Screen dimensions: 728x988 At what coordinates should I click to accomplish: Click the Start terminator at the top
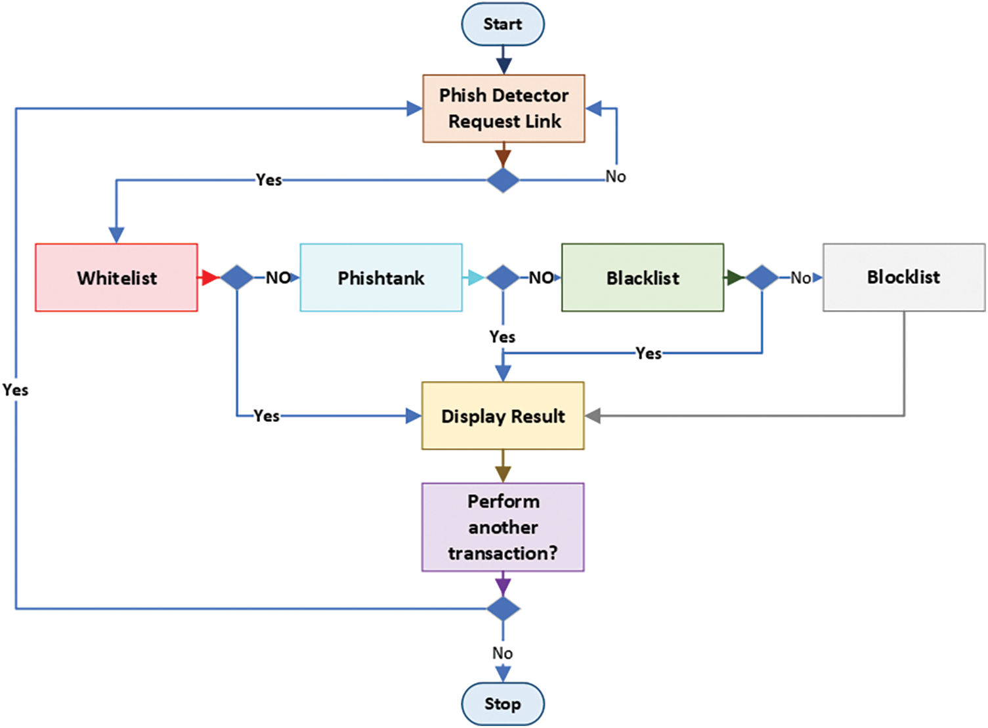503,24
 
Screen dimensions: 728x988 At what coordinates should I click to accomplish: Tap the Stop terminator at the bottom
503,704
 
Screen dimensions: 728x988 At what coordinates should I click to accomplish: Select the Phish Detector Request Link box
504,108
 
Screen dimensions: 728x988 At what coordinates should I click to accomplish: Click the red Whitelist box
116,277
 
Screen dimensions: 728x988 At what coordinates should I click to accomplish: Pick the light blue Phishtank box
381,277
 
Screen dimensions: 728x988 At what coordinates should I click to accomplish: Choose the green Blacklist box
643,277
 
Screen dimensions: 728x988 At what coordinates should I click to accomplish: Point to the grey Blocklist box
903,277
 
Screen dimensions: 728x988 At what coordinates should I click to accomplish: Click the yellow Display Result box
503,416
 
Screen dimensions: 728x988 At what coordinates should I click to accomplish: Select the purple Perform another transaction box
503,527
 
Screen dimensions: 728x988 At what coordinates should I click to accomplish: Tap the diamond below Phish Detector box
503,180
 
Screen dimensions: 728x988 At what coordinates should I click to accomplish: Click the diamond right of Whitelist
237,277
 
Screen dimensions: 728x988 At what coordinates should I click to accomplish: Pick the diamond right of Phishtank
503,277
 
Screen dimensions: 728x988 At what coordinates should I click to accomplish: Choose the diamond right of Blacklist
762,277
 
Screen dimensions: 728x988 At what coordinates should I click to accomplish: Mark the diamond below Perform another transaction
503,609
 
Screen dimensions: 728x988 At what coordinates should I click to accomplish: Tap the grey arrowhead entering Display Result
593,416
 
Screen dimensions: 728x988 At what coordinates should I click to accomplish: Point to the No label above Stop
502,653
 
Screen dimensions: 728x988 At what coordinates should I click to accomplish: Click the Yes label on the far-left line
15,390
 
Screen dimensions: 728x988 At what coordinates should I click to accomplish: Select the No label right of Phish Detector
616,177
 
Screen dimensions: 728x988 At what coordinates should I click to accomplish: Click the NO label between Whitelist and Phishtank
278,277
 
